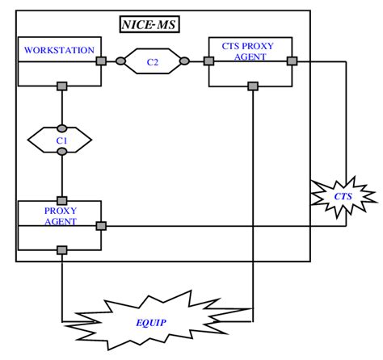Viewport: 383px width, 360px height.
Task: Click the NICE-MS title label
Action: pos(149,24)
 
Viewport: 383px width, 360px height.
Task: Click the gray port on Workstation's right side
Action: pos(101,61)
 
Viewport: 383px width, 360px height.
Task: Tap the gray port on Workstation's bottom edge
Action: pos(61,85)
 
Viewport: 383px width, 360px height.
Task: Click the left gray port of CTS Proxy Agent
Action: pos(208,61)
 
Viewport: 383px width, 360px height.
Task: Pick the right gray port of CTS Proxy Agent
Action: pos(292,61)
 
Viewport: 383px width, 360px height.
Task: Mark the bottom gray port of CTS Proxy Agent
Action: pos(253,85)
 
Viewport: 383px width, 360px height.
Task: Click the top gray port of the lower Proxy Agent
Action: pos(61,200)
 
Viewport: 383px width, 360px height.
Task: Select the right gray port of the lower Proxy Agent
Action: pos(101,226)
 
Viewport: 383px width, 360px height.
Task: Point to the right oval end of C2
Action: pos(185,61)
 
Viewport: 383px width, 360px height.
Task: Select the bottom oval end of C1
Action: pos(61,151)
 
